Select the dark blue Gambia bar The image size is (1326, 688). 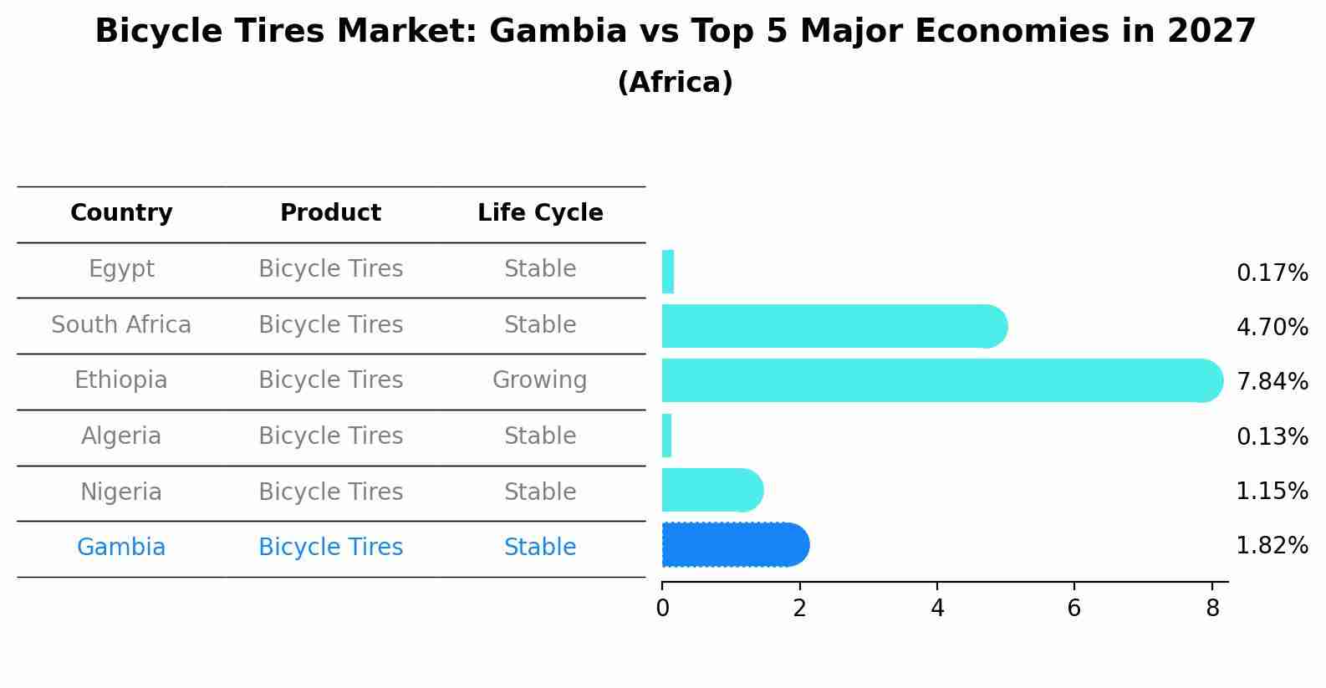coord(734,545)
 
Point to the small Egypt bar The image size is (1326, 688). coord(668,272)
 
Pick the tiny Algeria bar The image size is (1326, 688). coord(667,436)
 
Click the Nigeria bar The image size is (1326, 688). coord(711,490)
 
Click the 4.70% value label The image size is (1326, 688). coord(1272,327)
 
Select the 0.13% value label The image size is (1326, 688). coord(1272,436)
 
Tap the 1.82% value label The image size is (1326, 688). coord(1272,546)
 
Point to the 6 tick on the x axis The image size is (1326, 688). coord(1074,608)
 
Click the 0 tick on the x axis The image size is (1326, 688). coord(662,608)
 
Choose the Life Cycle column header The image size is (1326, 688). coord(540,213)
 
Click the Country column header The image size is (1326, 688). coord(121,213)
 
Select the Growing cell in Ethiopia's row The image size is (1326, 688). coord(539,380)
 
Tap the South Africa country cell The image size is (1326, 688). coord(121,324)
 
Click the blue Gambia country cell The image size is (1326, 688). coord(121,548)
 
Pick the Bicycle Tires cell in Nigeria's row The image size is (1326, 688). coord(330,492)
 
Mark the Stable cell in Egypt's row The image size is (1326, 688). coord(540,269)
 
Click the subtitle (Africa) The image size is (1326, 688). coord(675,83)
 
